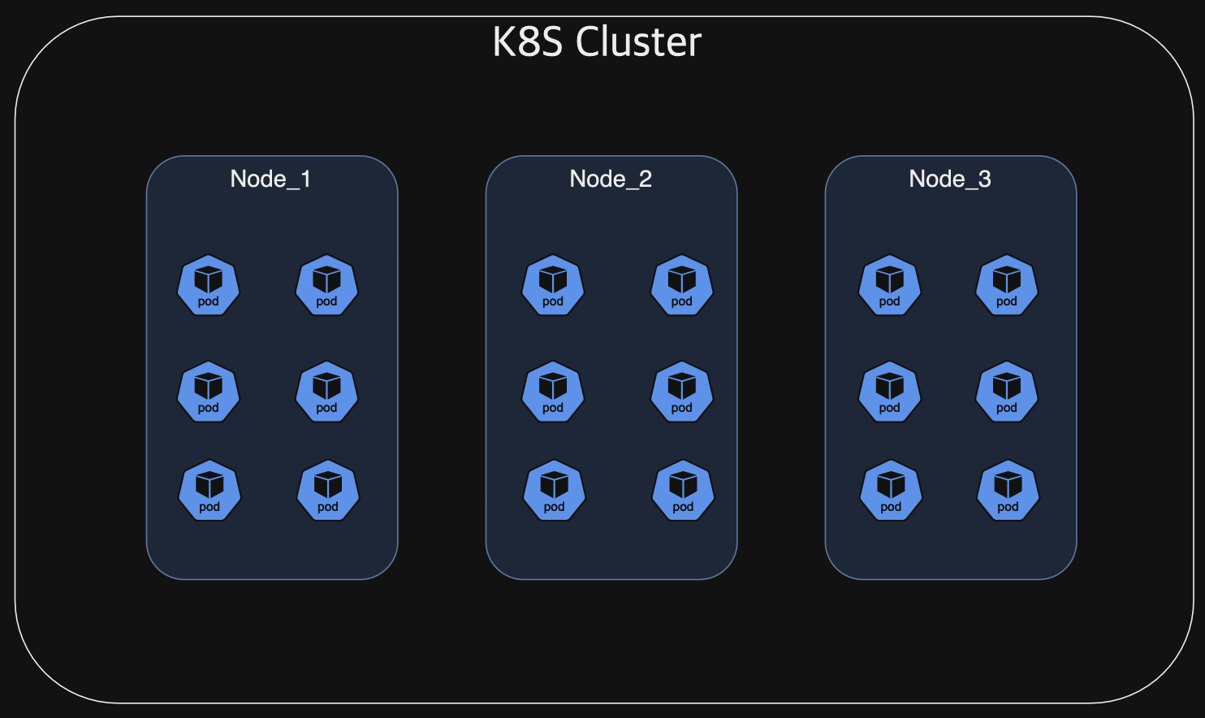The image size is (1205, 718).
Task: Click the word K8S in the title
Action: click(527, 42)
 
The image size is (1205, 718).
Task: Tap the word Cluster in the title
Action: click(638, 42)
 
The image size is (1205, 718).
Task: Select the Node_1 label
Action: click(270, 179)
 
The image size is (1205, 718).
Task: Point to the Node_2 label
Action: click(611, 179)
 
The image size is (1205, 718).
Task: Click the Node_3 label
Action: click(950, 179)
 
